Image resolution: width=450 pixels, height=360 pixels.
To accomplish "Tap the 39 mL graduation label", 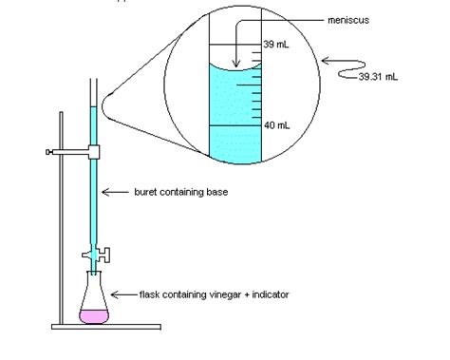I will pos(275,45).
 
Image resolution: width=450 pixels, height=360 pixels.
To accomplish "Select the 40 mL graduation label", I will pos(276,124).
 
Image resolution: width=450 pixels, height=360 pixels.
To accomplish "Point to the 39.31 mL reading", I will pos(377,78).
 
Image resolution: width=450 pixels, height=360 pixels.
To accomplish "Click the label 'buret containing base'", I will pos(179,192).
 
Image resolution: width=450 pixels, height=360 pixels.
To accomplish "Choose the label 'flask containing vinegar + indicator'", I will pos(214,294).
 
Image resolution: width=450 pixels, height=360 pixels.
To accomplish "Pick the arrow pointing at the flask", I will pos(124,294).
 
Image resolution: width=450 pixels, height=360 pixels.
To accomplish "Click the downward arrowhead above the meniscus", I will pos(235,65).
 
